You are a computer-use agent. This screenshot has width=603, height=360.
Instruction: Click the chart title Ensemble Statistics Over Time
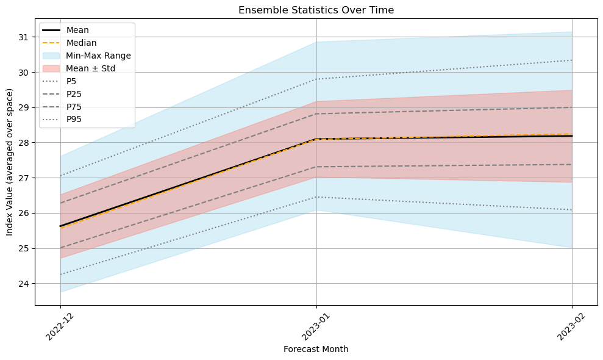click(x=316, y=10)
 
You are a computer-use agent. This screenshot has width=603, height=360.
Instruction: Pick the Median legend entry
click(x=81, y=43)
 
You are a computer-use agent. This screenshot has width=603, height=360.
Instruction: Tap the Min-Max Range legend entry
click(x=98, y=56)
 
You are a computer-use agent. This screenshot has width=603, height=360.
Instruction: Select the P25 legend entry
click(x=74, y=94)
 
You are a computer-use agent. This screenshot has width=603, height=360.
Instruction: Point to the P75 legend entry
click(x=74, y=107)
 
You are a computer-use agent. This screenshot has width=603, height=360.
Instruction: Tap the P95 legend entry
click(x=74, y=120)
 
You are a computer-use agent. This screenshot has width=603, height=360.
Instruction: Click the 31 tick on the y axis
click(x=25, y=37)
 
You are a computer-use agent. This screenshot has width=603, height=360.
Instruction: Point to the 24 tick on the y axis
click(x=25, y=284)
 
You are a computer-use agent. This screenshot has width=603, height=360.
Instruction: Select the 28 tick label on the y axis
click(x=25, y=143)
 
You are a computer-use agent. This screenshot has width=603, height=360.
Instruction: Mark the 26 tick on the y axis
click(x=25, y=214)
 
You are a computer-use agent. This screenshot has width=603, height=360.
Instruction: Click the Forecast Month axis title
click(x=316, y=350)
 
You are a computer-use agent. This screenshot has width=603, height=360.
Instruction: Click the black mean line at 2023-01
click(x=316, y=139)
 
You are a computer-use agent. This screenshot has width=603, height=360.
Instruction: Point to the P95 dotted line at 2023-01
click(x=316, y=79)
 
